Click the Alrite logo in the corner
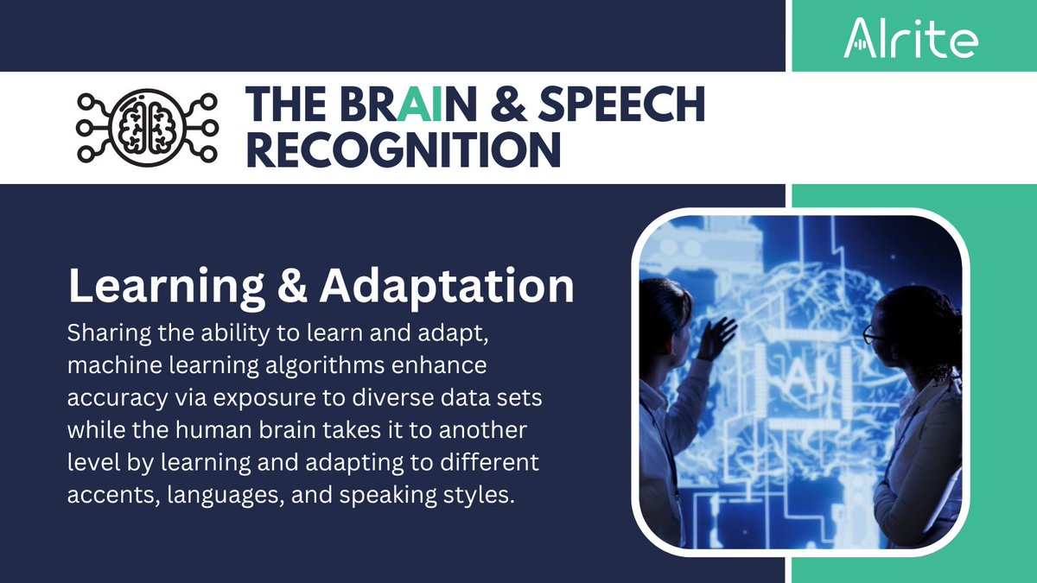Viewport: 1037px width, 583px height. pos(911,37)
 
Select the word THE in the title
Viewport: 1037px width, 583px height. pos(282,105)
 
